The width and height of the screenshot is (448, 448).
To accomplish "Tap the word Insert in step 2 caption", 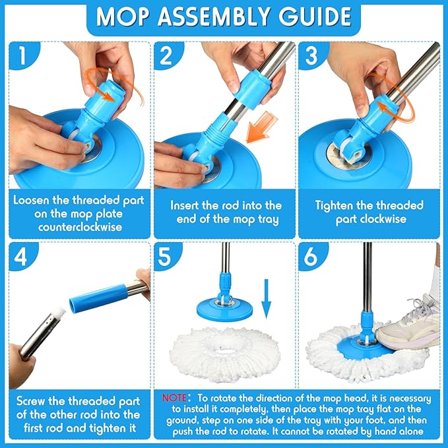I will (189, 206).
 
